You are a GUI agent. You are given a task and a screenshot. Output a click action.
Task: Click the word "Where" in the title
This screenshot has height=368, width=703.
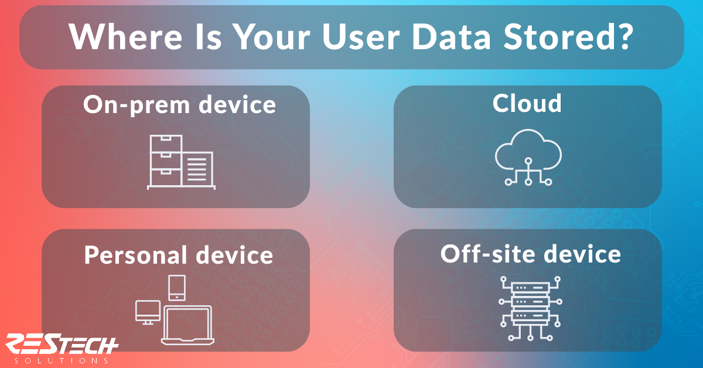click(x=125, y=36)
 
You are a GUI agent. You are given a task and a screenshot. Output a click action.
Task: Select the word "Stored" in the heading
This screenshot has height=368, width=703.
click(x=557, y=36)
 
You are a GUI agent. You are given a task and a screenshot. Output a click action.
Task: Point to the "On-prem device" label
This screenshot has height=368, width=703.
click(x=179, y=105)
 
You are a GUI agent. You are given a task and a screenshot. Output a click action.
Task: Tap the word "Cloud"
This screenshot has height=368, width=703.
click(x=527, y=103)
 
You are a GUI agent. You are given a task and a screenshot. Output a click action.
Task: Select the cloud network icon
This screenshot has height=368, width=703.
click(x=528, y=157)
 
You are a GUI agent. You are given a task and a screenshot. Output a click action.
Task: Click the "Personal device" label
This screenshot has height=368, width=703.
click(x=179, y=255)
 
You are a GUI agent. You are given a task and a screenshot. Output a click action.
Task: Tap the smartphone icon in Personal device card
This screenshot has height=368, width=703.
click(x=177, y=288)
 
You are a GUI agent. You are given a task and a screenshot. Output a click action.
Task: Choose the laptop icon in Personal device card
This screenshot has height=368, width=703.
click(x=187, y=325)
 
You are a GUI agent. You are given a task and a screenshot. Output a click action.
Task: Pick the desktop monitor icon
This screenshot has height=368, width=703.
click(x=148, y=312)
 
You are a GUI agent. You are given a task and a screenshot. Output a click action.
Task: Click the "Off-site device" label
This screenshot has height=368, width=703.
click(x=531, y=254)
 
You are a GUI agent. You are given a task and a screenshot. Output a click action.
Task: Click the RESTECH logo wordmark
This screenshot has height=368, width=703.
click(x=62, y=344)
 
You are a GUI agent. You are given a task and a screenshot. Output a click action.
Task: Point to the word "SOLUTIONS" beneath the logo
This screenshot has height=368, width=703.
click(x=62, y=360)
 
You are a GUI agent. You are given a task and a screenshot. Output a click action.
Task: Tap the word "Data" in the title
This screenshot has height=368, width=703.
click(x=451, y=37)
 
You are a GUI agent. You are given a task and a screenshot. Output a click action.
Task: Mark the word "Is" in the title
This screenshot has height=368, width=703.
click(x=208, y=37)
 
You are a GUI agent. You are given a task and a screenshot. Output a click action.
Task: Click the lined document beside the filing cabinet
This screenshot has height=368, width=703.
click(x=198, y=169)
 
